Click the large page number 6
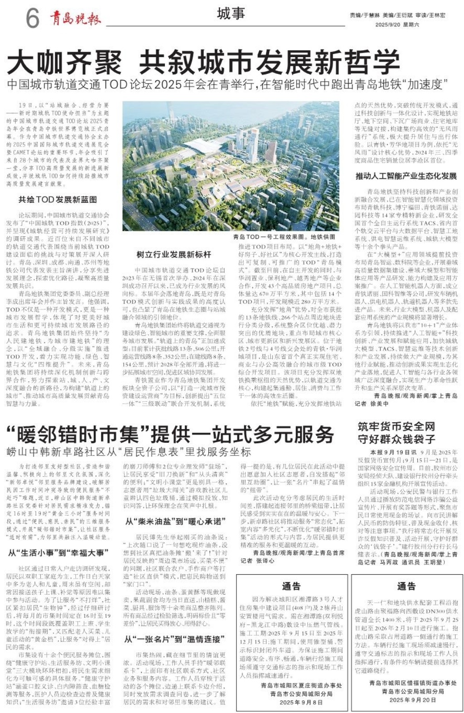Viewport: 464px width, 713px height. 32,19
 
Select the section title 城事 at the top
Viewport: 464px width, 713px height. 231,14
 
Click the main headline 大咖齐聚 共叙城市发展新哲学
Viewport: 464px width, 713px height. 203,63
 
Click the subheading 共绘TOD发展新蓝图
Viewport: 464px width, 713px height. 58,199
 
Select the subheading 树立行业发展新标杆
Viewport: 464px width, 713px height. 174,254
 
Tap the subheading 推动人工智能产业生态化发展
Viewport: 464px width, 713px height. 406,176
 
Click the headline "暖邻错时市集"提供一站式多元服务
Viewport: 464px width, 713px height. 170,435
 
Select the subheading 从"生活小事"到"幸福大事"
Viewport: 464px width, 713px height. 58,552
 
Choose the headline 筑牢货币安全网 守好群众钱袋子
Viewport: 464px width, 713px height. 396,432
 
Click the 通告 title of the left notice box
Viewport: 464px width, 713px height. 291,586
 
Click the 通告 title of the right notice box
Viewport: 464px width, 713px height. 406,586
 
